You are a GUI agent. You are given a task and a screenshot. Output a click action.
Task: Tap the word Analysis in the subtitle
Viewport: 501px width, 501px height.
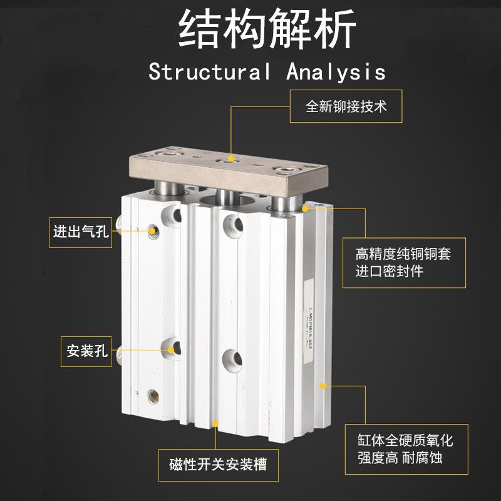(336, 71)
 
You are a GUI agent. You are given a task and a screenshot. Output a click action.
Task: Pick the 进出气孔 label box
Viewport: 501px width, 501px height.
(80, 232)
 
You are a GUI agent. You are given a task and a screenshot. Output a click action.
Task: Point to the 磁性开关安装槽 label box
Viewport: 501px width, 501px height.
(217, 464)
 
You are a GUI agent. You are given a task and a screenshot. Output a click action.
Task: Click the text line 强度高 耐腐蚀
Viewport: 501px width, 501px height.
(394, 458)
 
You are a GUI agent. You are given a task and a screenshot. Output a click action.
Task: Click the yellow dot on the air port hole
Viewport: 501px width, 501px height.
(152, 231)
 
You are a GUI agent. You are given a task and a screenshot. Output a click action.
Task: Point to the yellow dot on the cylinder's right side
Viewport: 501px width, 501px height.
(323, 386)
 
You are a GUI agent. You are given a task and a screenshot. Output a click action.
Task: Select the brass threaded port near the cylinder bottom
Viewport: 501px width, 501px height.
(152, 395)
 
